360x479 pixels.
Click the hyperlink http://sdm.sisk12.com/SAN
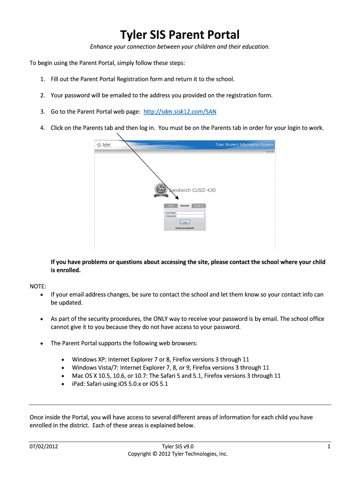[180, 112]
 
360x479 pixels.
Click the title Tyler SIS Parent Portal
[180, 35]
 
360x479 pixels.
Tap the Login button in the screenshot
[184, 222]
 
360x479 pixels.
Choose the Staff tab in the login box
[171, 206]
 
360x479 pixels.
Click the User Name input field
[190, 213]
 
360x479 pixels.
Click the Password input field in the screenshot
[190, 217]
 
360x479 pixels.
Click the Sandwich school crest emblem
[160, 190]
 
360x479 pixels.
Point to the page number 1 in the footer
[329, 446]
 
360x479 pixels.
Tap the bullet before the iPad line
[63, 384]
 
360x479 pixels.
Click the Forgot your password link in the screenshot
[184, 228]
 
